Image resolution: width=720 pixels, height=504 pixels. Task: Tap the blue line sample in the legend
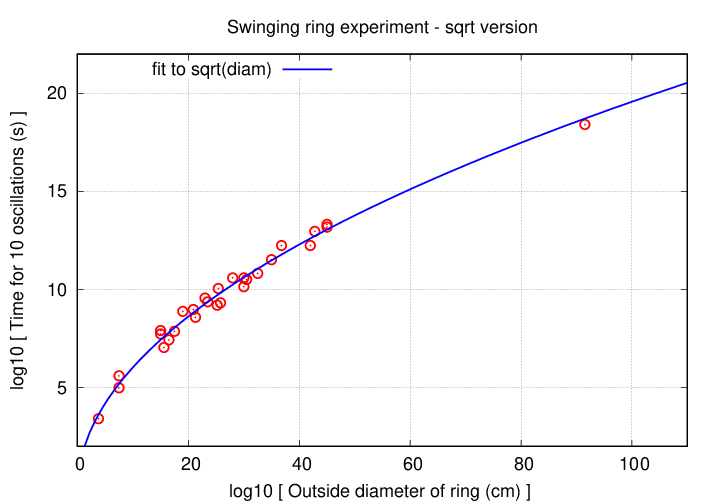(x=307, y=69)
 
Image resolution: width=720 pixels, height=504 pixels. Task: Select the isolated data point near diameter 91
(x=585, y=124)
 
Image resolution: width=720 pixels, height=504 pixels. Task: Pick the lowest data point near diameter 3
(x=98, y=418)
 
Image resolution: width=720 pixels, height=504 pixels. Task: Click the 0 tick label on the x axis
(x=80, y=463)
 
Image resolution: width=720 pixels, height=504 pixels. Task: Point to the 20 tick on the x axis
(x=190, y=463)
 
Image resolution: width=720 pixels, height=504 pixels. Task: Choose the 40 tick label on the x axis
(x=301, y=463)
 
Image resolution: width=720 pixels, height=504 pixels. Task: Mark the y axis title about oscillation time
(x=18, y=250)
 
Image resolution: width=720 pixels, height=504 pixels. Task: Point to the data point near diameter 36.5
(x=282, y=245)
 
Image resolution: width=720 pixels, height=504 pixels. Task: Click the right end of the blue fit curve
(x=687, y=83)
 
